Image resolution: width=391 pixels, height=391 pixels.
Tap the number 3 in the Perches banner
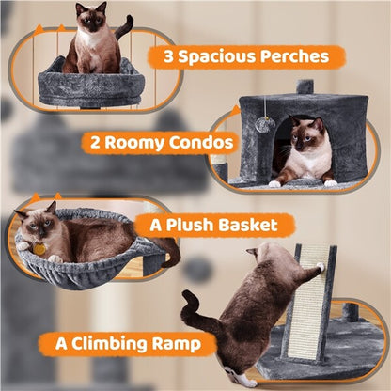click(169, 57)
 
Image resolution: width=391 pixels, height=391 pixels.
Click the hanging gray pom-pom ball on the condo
click(266, 124)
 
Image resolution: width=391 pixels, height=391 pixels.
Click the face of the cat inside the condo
click(306, 137)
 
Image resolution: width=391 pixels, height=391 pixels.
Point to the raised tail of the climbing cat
click(192, 308)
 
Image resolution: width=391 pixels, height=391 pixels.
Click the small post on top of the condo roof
click(304, 86)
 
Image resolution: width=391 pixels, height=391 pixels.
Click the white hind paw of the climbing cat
click(246, 379)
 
